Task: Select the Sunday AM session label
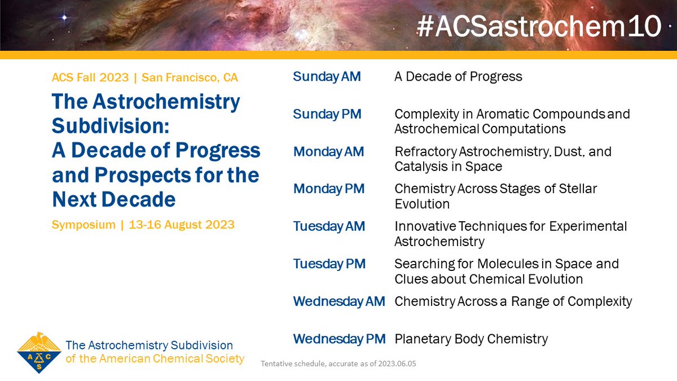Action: click(327, 76)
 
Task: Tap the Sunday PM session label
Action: click(327, 114)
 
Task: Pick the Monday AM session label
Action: click(328, 152)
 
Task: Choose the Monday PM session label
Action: click(329, 189)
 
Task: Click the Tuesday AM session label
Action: click(329, 226)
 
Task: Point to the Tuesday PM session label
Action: click(329, 264)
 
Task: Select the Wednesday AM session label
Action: click(339, 301)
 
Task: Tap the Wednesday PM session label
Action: click(340, 339)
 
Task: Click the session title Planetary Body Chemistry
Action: click(471, 339)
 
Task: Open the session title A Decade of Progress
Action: click(458, 76)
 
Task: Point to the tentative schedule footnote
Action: click(338, 364)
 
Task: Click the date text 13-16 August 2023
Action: click(181, 225)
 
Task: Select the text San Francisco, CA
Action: click(190, 77)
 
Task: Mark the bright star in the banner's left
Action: click(64, 18)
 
